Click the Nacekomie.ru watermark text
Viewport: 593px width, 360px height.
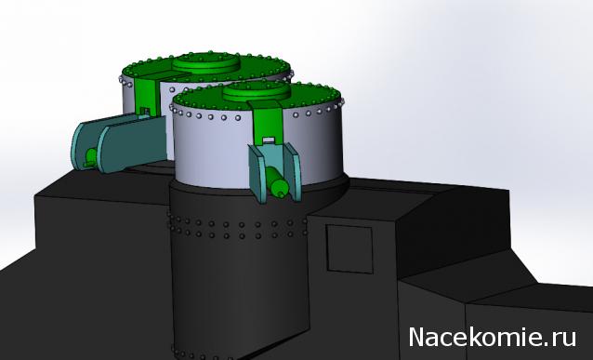[493, 337]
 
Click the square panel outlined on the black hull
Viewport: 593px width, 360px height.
[349, 248]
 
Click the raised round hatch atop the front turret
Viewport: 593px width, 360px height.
[257, 91]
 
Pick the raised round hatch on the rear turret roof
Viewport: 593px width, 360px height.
[206, 63]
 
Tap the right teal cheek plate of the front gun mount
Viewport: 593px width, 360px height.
[293, 171]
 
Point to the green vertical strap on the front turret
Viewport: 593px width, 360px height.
[268, 122]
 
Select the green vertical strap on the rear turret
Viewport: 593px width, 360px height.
[147, 96]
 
